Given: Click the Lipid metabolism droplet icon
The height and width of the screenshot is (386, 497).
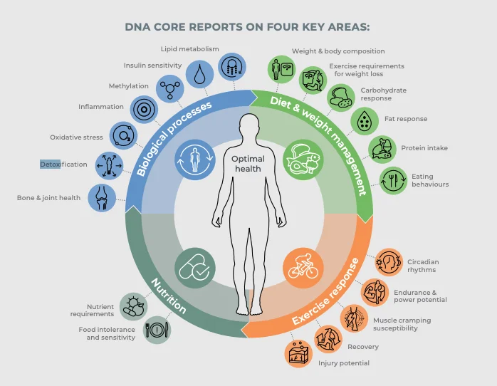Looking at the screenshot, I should point(199,73).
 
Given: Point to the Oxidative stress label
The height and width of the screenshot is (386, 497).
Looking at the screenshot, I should point(76,137).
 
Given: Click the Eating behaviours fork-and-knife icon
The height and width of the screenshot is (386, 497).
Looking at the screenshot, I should point(392,179).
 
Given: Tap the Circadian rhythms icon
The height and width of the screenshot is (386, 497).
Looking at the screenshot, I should point(389,261).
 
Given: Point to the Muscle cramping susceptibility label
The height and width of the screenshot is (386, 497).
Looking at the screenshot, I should point(402,324).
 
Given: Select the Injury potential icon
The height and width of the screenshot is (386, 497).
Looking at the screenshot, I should point(300,353).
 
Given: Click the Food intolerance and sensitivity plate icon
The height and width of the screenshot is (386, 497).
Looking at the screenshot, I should point(157,330).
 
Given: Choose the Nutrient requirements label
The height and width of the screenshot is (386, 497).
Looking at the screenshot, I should point(92,310).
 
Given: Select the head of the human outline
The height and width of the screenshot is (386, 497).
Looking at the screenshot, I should point(249,127).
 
